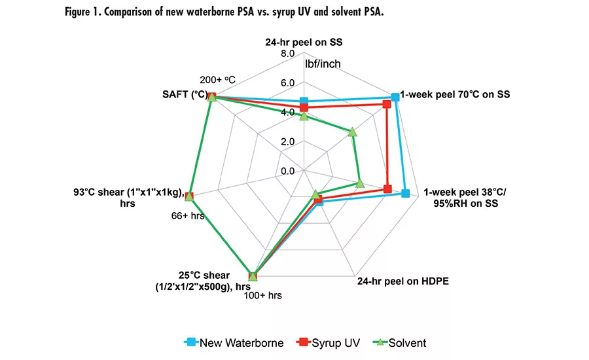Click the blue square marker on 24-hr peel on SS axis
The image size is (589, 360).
303,101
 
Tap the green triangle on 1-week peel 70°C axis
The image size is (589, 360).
353,132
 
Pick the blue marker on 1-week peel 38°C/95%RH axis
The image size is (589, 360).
406,193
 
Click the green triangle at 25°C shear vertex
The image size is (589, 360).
253,276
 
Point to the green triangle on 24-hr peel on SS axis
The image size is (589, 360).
303,117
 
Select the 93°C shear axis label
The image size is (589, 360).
127,197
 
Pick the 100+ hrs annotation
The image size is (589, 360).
262,296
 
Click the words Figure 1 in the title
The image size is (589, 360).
86,14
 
